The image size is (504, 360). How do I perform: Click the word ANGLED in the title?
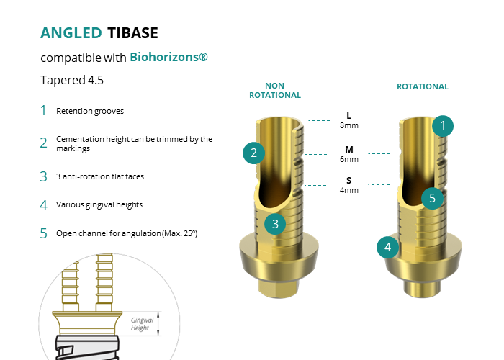coord(71,32)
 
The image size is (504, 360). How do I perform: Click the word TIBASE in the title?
coord(132,32)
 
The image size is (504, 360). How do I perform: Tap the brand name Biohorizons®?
coord(169,57)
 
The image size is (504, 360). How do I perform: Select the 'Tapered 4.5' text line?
coord(72,80)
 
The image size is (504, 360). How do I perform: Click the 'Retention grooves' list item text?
coord(90,111)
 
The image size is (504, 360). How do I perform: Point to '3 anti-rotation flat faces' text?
coord(105,176)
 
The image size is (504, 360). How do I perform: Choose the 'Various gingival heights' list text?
coord(99,204)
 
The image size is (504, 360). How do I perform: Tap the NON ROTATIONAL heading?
coord(275,90)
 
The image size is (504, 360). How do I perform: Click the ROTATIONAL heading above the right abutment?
coord(423,86)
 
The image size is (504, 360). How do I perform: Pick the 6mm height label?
coord(349,158)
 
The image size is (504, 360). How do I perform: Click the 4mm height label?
coord(349,190)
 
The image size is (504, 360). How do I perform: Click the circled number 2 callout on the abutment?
coord(253,152)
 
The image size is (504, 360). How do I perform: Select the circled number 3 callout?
coord(275,224)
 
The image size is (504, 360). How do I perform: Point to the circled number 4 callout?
coord(388,248)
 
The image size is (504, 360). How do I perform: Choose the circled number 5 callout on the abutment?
coord(432,198)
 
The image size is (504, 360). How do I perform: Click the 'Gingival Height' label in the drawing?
coord(141,323)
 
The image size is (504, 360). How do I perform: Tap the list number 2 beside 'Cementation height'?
coord(44,143)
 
